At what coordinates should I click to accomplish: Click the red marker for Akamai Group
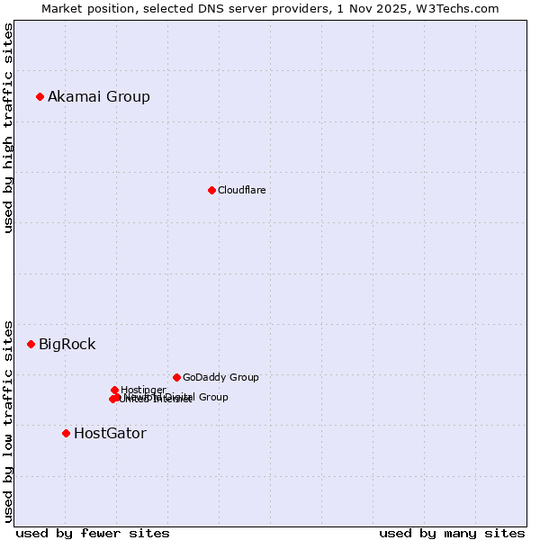(40, 96)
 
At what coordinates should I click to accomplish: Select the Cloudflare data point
(211, 190)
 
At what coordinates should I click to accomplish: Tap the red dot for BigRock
(31, 344)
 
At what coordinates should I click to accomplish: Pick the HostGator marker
(66, 433)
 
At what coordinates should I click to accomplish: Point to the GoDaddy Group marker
(176, 377)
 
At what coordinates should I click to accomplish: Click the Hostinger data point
(114, 390)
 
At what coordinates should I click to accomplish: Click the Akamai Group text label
(99, 96)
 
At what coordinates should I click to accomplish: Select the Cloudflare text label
(241, 190)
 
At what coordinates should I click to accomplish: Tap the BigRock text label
(67, 344)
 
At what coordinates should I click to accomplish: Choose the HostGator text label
(110, 433)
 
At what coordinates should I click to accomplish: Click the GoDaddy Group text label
(220, 377)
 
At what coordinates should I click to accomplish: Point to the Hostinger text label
(143, 390)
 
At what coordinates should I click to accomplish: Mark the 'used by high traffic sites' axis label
(8, 128)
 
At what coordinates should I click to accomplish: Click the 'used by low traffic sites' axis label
(8, 420)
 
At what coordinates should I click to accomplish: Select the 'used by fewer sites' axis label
(93, 533)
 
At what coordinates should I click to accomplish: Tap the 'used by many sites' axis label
(452, 533)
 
